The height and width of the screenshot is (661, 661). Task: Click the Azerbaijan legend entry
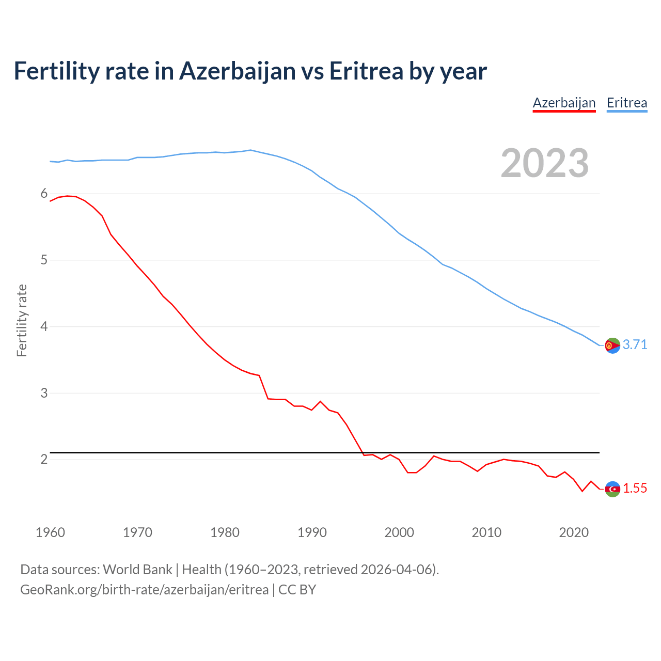pyautogui.click(x=564, y=103)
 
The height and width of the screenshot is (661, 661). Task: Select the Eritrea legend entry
pyautogui.click(x=626, y=103)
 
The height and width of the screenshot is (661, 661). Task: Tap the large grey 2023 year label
pyautogui.click(x=544, y=163)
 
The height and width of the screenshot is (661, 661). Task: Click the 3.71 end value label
pyautogui.click(x=635, y=344)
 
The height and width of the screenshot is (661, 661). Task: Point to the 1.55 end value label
pyautogui.click(x=635, y=488)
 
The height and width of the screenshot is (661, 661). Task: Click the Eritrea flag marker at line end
pyautogui.click(x=612, y=345)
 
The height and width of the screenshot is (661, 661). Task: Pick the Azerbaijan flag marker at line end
pyautogui.click(x=612, y=489)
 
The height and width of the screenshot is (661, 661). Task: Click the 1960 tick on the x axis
pyautogui.click(x=50, y=532)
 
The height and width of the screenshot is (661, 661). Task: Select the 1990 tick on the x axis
pyautogui.click(x=312, y=532)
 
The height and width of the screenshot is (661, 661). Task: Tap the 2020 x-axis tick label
pyautogui.click(x=574, y=532)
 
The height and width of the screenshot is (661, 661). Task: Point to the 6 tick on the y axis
pyautogui.click(x=44, y=194)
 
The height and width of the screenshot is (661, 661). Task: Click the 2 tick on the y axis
pyautogui.click(x=44, y=459)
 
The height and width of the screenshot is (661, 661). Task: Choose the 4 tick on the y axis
pyautogui.click(x=44, y=326)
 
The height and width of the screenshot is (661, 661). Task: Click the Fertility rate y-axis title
pyautogui.click(x=22, y=320)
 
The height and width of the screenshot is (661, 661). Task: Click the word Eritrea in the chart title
pyautogui.click(x=366, y=71)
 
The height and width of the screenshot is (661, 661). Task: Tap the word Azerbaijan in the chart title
pyautogui.click(x=238, y=71)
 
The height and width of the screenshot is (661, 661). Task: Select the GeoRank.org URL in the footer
pyautogui.click(x=144, y=589)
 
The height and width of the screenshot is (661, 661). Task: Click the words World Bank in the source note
pyautogui.click(x=137, y=569)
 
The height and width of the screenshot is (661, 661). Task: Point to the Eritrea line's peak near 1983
pyautogui.click(x=250, y=150)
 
